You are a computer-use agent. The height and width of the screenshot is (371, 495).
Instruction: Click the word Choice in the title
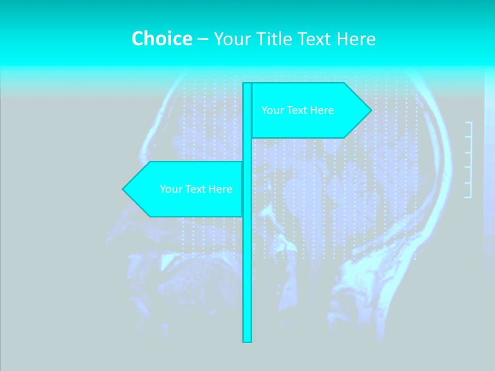(x=161, y=39)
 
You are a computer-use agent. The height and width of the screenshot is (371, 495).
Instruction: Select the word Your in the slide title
(x=231, y=39)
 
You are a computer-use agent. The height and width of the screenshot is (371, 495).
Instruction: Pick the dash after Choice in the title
(x=203, y=39)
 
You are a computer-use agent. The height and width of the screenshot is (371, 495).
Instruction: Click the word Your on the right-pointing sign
(x=272, y=110)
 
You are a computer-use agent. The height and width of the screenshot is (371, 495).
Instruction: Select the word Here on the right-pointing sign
(x=322, y=110)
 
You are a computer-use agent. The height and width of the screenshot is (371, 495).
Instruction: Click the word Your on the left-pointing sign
(x=170, y=189)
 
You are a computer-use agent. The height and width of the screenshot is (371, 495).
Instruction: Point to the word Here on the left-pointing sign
(x=221, y=189)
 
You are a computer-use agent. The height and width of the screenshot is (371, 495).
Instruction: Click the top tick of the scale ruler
(x=468, y=123)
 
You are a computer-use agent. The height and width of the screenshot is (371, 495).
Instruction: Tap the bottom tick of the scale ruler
(x=468, y=197)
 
